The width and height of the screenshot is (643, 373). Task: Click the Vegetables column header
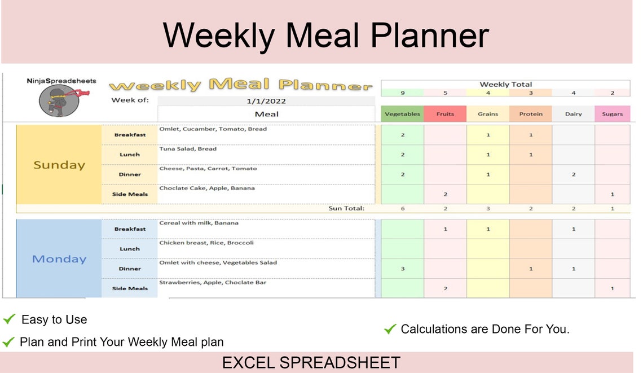(x=402, y=114)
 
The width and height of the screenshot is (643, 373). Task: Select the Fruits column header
(x=445, y=114)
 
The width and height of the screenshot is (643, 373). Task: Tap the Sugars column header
(x=612, y=114)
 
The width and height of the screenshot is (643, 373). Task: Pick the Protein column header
(x=531, y=114)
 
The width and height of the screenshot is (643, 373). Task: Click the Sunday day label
(x=59, y=165)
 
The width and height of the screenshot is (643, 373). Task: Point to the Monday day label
(x=59, y=259)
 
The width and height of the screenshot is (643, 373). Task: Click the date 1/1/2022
(x=266, y=101)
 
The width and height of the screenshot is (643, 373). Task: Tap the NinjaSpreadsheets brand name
(x=61, y=81)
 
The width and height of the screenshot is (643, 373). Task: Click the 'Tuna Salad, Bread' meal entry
(x=188, y=149)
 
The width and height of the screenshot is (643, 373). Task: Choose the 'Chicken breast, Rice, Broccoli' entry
(x=206, y=243)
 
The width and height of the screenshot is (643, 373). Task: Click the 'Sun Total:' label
(x=346, y=208)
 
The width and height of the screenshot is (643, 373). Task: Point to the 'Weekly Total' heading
(x=505, y=84)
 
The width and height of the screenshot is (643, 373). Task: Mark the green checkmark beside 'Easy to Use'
(x=9, y=319)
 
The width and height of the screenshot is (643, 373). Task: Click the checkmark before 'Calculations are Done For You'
(x=389, y=329)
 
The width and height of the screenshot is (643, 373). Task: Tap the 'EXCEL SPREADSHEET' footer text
(x=311, y=362)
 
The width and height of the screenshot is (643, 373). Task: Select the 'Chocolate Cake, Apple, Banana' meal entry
(x=206, y=188)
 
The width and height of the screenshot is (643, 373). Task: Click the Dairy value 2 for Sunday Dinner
(x=574, y=174)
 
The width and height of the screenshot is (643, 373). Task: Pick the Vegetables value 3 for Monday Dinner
(x=403, y=269)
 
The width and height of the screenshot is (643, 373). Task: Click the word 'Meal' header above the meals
(x=266, y=114)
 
